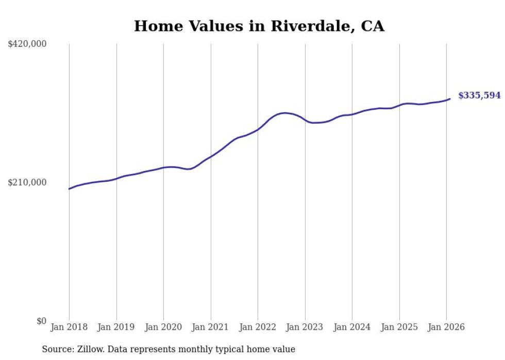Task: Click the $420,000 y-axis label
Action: pyautogui.click(x=27, y=44)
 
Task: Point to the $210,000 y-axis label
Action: pyautogui.click(x=27, y=182)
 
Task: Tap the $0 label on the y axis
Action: pyautogui.click(x=41, y=321)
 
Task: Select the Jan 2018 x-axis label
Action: pyautogui.click(x=69, y=327)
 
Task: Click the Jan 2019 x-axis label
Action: pyautogui.click(x=116, y=327)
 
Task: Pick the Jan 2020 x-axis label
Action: pyautogui.click(x=163, y=327)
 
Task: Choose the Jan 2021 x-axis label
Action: pyautogui.click(x=211, y=327)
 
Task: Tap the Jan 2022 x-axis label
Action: pyautogui.click(x=258, y=327)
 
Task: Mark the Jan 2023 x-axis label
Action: pyautogui.click(x=305, y=327)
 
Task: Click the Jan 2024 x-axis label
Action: pyautogui.click(x=352, y=327)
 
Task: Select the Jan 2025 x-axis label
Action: pyautogui.click(x=399, y=327)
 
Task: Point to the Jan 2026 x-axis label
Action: pyautogui.click(x=446, y=327)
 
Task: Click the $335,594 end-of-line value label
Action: pyautogui.click(x=479, y=95)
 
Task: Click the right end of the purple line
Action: pyautogui.click(x=450, y=99)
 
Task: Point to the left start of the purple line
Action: pyautogui.click(x=70, y=188)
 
